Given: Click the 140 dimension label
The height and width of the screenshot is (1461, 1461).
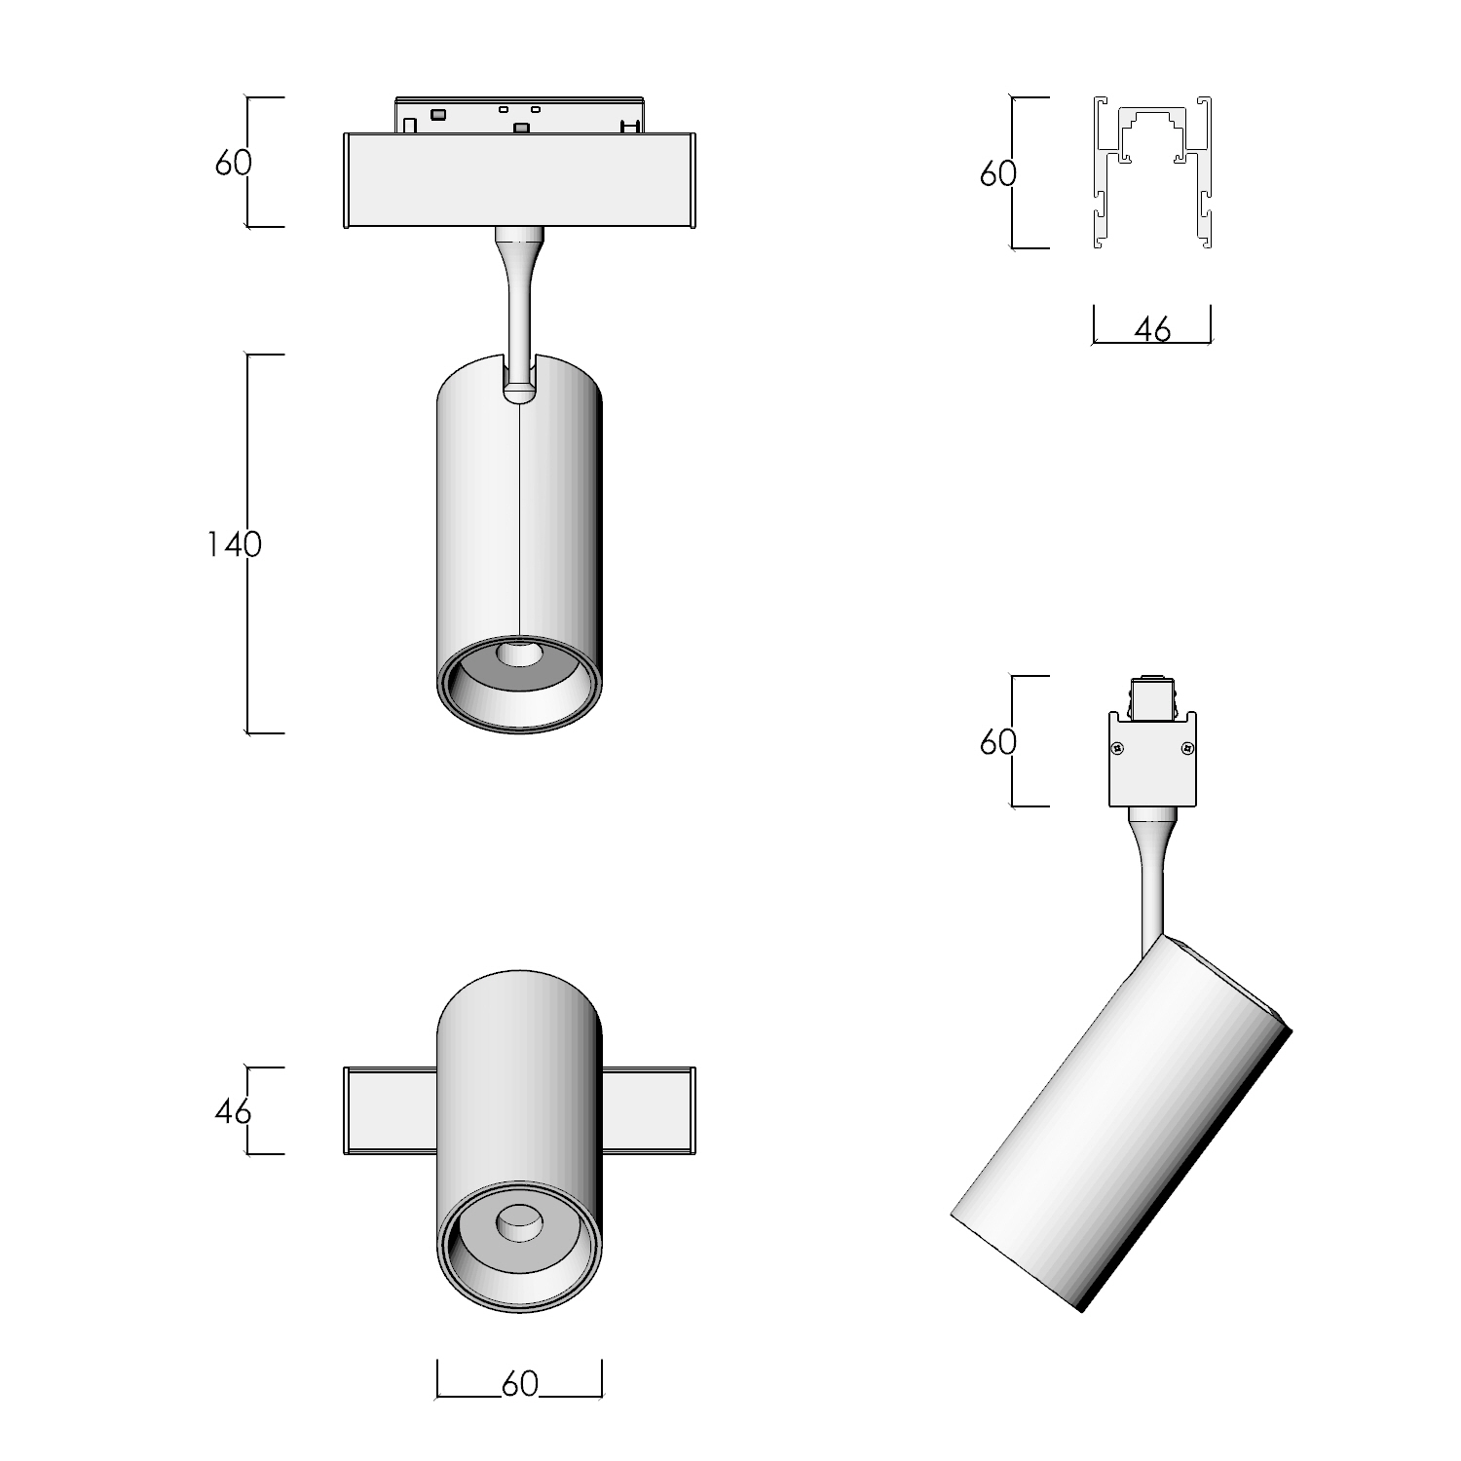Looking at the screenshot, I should [x=234, y=543].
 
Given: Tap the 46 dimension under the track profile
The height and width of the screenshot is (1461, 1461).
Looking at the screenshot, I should [x=1152, y=330].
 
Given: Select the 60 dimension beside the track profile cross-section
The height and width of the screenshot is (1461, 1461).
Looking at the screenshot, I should [x=997, y=173].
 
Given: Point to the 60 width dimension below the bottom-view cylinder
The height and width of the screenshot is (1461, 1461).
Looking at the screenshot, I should [x=519, y=1383].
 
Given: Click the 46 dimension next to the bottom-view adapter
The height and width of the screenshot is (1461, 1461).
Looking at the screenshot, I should [x=233, y=1110].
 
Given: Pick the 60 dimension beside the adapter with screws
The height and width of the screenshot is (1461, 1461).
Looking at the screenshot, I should [x=997, y=742].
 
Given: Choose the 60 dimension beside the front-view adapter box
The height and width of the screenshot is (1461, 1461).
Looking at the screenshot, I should [x=233, y=163].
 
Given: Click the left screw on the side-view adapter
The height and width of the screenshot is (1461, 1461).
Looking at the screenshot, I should [x=1118, y=748].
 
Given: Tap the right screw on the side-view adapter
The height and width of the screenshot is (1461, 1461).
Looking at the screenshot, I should [x=1186, y=748].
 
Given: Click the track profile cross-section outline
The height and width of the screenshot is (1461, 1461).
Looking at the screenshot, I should [x=1152, y=173].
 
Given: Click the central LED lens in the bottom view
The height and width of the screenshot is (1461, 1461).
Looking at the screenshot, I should [x=519, y=1223].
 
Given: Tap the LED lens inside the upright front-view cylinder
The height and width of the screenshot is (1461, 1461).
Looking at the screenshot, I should [x=519, y=653].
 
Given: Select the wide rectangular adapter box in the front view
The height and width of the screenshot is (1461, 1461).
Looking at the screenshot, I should [x=519, y=179].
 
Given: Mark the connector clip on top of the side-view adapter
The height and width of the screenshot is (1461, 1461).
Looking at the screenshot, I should [x=1152, y=697].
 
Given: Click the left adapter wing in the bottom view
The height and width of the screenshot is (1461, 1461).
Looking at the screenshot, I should [x=390, y=1110].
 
